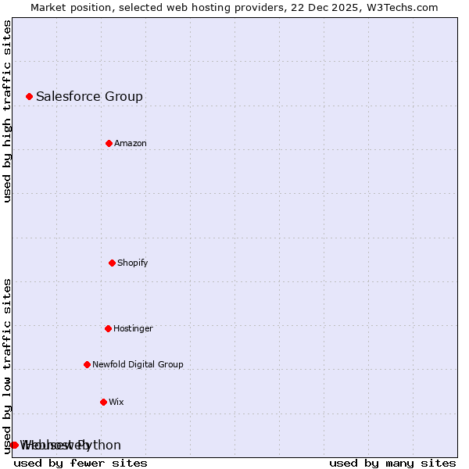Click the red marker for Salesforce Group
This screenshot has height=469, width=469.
(29, 96)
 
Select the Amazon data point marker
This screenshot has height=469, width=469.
(109, 143)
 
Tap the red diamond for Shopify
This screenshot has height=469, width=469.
(112, 263)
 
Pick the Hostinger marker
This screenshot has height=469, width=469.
(108, 328)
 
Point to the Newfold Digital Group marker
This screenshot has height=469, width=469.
(87, 364)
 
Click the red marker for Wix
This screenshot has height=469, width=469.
(103, 402)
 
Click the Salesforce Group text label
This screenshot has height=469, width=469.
(89, 96)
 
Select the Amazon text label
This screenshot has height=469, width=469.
(131, 143)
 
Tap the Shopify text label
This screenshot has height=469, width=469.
(132, 263)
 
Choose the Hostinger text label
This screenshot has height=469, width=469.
(133, 328)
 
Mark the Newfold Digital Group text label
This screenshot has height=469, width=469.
(138, 364)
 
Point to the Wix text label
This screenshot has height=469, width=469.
(116, 402)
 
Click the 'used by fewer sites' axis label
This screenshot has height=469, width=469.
(81, 463)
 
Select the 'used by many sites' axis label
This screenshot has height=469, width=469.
(392, 463)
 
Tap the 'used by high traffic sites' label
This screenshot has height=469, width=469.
(8, 111)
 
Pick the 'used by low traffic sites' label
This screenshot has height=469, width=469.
(8, 366)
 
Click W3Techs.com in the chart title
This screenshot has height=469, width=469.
(401, 7)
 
